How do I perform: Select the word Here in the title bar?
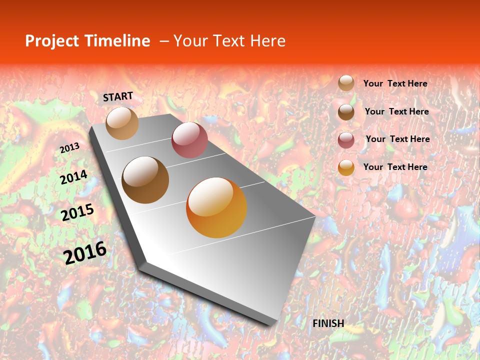click(267, 41)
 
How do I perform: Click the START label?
click(118, 96)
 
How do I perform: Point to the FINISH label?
click(328, 323)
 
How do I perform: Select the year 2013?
click(69, 147)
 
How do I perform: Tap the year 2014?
click(73, 177)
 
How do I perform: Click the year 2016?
click(85, 252)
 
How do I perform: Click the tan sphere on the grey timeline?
click(122, 123)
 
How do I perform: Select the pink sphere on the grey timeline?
click(189, 139)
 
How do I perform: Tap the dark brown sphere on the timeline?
click(145, 180)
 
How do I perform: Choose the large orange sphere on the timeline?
click(216, 207)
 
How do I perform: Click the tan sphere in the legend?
click(346, 83)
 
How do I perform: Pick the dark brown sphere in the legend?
click(346, 111)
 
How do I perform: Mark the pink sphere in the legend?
click(346, 139)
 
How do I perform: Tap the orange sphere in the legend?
click(346, 167)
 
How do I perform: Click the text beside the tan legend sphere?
click(395, 83)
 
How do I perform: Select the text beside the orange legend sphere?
click(395, 167)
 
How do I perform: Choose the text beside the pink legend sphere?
click(397, 139)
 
